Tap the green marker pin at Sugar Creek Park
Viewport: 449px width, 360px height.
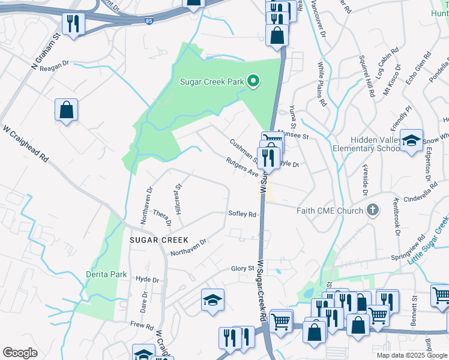pos(254,81)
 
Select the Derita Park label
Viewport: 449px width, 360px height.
pos(106,274)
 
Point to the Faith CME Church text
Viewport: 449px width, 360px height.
pos(330,211)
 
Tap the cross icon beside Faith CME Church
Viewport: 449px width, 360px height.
pos(373,210)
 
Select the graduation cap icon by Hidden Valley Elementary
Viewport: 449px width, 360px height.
pos(411,141)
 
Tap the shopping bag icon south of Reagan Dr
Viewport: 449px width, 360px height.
pos(66,110)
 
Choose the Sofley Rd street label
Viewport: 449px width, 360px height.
pos(242,214)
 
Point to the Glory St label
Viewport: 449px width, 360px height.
pos(243,269)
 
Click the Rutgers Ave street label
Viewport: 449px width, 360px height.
pos(242,167)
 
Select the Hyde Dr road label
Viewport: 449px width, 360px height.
pos(147,280)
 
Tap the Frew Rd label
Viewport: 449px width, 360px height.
pos(142,325)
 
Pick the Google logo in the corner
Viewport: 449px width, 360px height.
pos(20,352)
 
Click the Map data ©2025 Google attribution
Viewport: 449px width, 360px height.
pos(412,355)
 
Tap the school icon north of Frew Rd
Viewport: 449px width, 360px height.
pos(212,301)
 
